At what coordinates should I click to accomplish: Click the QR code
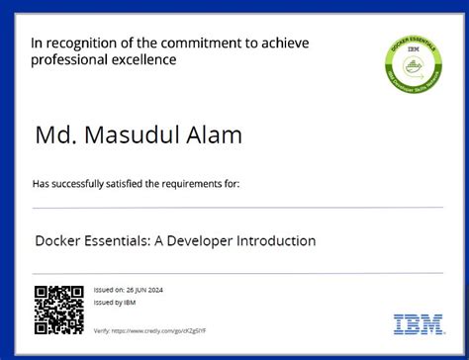(x=59, y=309)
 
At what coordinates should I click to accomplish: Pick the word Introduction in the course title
(x=272, y=240)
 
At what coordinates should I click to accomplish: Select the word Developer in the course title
(x=189, y=240)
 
